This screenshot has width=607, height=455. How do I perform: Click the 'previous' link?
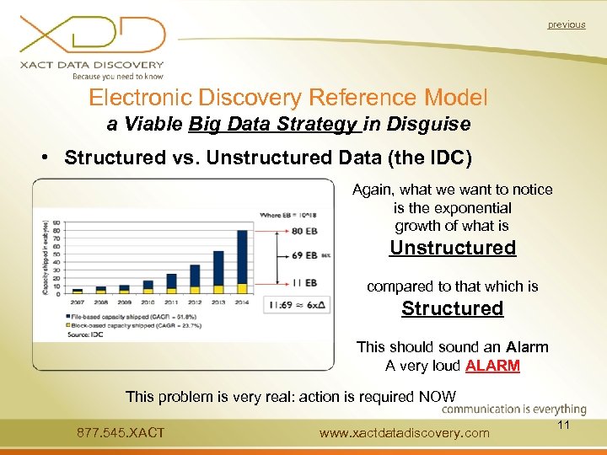point(566,24)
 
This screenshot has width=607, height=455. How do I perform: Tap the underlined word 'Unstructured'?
point(452,248)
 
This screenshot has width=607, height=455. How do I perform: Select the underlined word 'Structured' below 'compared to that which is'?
point(452,308)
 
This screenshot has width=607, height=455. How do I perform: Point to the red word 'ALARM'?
point(494,366)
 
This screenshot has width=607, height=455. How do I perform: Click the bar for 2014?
point(242,261)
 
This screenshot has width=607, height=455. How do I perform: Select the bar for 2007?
point(77,291)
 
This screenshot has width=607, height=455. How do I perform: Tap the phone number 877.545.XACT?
point(121,433)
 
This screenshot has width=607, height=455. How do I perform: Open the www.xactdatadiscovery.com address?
point(404,433)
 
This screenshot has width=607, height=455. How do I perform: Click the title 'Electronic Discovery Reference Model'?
point(287,98)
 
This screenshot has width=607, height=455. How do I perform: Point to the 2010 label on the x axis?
point(148,302)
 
